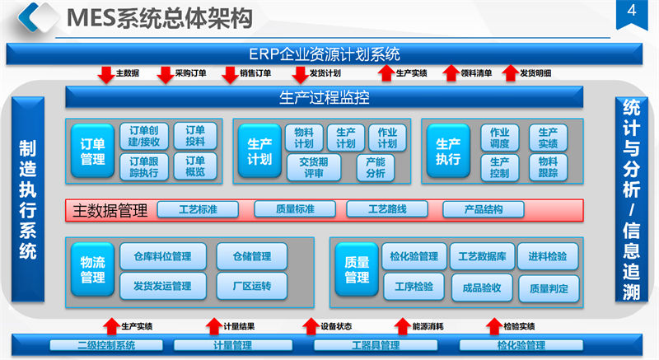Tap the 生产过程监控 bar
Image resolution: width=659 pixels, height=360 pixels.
tap(325, 98)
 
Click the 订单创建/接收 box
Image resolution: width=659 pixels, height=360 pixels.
tap(149, 136)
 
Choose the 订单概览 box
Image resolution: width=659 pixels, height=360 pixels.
tap(195, 167)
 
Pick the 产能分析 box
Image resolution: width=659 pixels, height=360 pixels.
tap(375, 167)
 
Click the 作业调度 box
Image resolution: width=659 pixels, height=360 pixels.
tap(500, 137)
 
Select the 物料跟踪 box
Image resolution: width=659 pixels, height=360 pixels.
tap(548, 167)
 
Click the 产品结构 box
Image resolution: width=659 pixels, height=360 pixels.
tap(484, 209)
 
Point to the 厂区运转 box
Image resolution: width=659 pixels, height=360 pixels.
tap(251, 286)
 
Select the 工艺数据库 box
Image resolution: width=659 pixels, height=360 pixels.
tap(482, 256)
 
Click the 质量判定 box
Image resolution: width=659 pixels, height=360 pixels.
tap(549, 288)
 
